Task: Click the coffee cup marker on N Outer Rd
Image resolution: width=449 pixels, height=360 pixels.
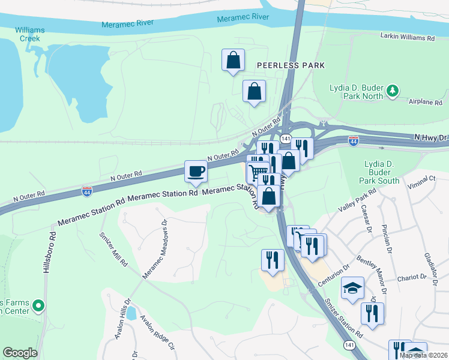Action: point(196,172)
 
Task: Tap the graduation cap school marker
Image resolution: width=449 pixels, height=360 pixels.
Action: point(352,288)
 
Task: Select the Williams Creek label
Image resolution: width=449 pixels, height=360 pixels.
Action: point(28,34)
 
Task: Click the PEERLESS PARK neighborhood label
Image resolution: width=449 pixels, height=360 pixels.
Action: point(291,65)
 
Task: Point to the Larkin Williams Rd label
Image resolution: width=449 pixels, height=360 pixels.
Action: point(407,37)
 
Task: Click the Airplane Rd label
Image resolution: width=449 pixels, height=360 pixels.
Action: point(425,103)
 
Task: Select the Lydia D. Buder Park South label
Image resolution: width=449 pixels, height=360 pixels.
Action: point(382,172)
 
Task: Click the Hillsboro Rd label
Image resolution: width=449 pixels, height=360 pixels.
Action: point(46,250)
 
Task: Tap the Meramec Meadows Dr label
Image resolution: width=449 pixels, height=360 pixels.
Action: point(154,248)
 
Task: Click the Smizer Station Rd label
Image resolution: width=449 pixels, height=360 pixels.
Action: point(343,317)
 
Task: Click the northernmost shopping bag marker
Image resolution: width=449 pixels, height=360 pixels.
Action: point(233,61)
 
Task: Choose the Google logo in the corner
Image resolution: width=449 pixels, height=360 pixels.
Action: point(20,353)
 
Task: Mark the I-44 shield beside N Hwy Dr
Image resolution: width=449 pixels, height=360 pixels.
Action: point(354,140)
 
